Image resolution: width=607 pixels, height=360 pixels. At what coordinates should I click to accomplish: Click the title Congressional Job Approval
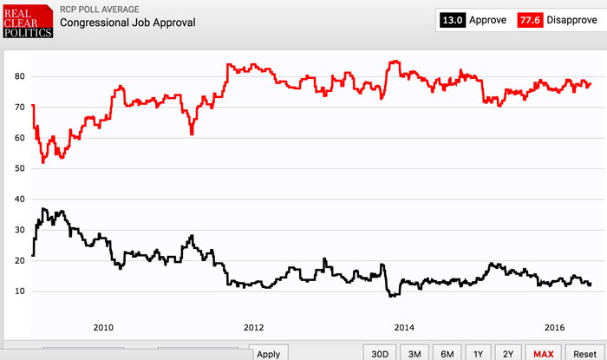pos(127,23)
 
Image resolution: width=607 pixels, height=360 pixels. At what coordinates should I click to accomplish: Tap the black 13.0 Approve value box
pos(455,18)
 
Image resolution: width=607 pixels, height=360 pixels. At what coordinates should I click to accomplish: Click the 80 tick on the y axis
pos(19,76)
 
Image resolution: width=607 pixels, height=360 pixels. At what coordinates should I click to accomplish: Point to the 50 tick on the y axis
pos(19,168)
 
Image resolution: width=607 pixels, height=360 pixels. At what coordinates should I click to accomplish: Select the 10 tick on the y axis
pos(19,291)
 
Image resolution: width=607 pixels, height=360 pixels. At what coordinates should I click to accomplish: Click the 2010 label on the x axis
pos(102,327)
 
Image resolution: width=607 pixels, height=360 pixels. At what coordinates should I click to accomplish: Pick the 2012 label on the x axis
pos(253,327)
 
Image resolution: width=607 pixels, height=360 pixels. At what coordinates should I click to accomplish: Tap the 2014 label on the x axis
pos(404,327)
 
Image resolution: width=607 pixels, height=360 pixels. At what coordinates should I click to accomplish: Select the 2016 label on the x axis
pos(555,327)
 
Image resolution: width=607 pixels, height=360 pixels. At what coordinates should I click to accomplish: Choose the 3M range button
pos(414,353)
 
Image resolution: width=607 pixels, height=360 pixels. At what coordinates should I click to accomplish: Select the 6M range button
pos(447,353)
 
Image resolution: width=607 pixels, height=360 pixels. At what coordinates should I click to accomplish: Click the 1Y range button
pos(478,353)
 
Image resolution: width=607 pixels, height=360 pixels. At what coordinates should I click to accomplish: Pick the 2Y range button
pos(509,353)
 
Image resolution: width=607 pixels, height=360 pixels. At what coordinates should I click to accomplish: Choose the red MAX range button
pos(544,353)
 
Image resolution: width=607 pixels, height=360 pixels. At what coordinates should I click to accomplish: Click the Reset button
pos(584,353)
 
